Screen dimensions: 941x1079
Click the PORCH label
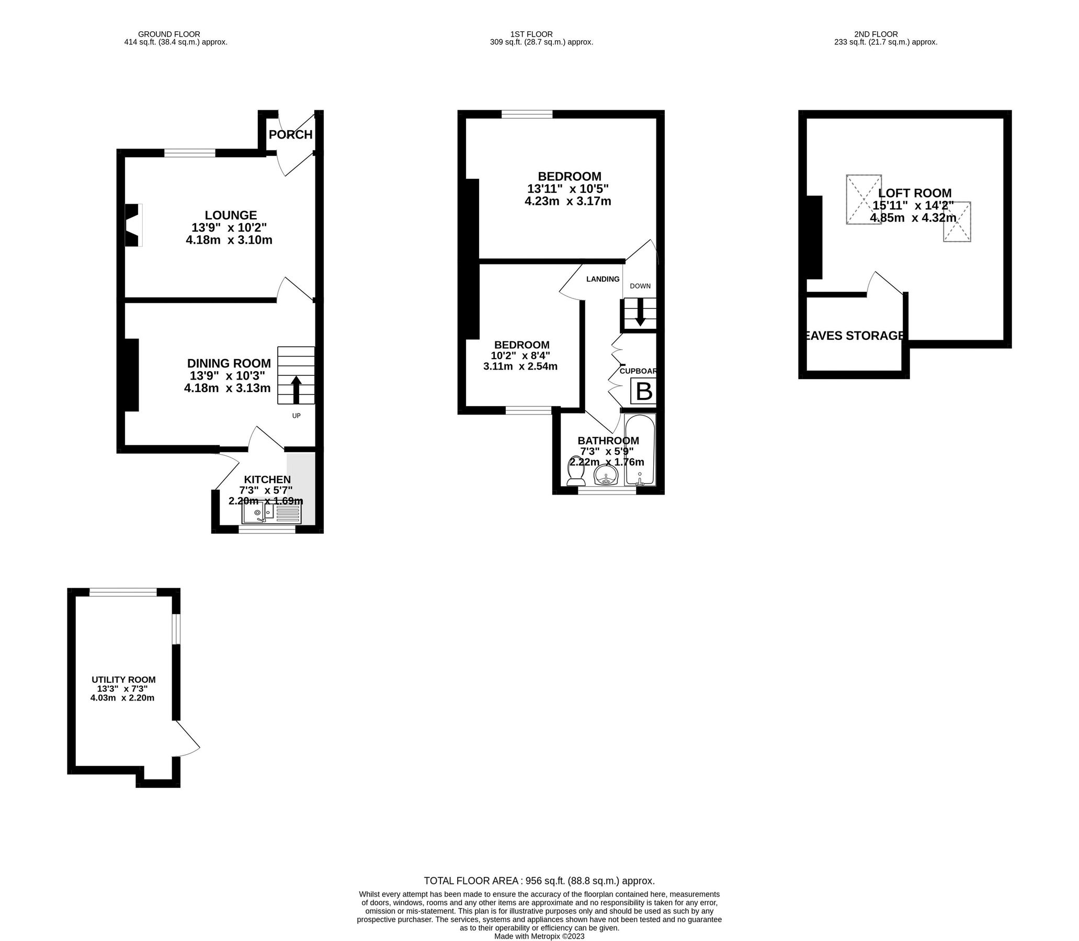click(290, 135)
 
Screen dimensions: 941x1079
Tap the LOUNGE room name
click(231, 215)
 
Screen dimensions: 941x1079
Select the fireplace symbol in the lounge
click(133, 225)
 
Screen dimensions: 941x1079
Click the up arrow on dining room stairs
click(296, 389)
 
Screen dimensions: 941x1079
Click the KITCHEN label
click(267, 479)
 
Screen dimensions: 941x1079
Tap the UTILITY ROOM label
click(123, 680)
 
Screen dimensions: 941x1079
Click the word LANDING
click(603, 279)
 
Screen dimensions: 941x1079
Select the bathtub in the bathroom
click(639, 450)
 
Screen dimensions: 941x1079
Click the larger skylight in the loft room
click(864, 200)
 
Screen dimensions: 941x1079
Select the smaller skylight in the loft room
click(957, 222)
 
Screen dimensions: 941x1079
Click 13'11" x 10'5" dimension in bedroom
click(568, 189)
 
